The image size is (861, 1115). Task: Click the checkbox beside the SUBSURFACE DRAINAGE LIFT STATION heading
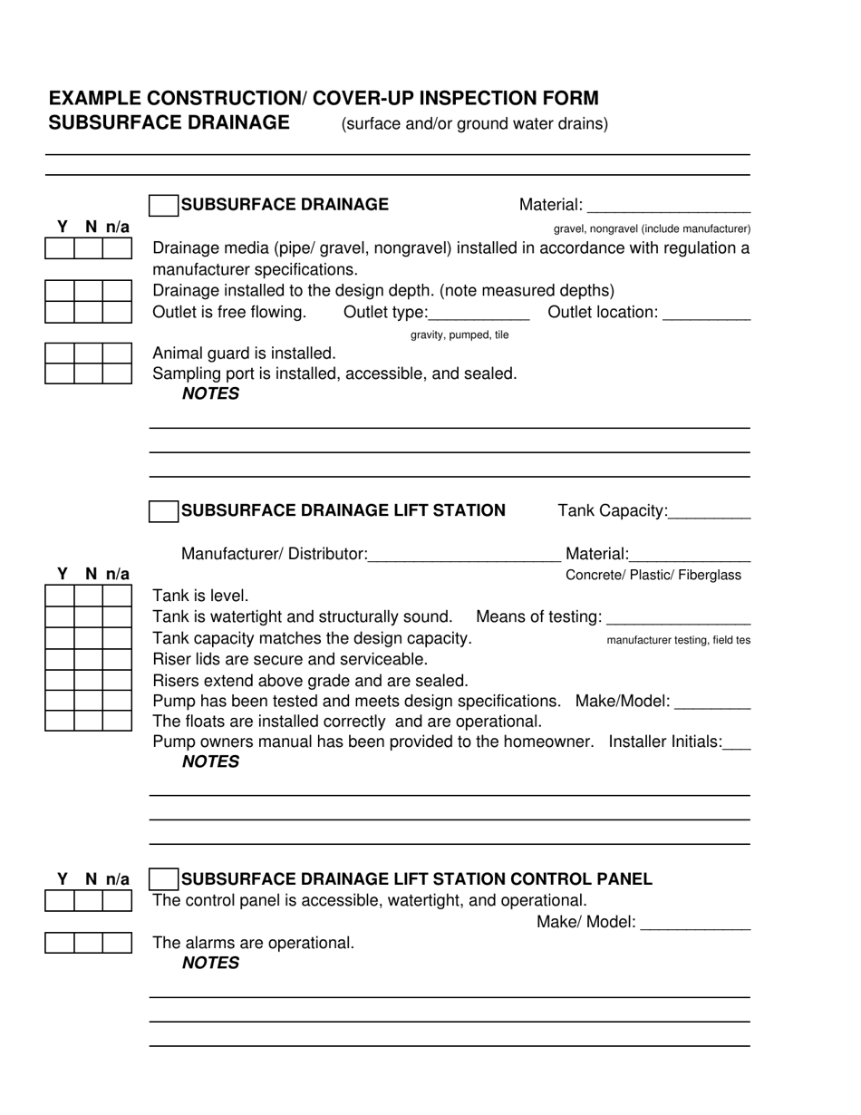[163, 511]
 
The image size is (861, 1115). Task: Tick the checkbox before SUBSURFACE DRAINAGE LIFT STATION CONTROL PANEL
[163, 879]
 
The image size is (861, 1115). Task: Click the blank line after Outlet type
[478, 314]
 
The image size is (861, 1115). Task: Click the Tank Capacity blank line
[710, 512]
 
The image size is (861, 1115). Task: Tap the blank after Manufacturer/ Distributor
[465, 555]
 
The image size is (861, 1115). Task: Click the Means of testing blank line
[678, 618]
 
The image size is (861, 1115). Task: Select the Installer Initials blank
[738, 743]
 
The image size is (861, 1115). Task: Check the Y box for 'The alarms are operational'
[60, 944]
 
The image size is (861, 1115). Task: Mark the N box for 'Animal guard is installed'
[88, 354]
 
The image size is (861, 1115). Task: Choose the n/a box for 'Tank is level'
[117, 596]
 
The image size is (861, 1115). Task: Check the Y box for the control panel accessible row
[60, 901]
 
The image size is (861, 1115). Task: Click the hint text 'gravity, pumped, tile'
[460, 335]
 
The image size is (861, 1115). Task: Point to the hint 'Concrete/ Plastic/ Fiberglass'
[653, 576]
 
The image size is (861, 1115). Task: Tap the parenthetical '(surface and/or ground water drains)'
[474, 124]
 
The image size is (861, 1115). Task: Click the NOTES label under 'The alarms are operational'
[210, 964]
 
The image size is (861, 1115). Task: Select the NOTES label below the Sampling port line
[210, 394]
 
